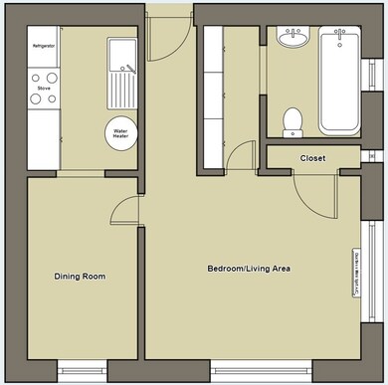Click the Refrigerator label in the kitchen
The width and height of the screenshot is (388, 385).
pos(44,47)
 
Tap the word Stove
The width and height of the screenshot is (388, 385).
pos(44,89)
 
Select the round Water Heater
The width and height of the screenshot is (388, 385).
pos(121,133)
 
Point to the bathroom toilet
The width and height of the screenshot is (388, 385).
pos(292,120)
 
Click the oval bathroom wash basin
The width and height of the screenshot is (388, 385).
pos(292,39)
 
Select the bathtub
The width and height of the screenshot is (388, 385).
pos(340,82)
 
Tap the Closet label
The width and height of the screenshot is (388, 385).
pos(313,158)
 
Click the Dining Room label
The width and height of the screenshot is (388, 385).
pos(80,276)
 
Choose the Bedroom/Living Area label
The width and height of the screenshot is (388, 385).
pos(249,269)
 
